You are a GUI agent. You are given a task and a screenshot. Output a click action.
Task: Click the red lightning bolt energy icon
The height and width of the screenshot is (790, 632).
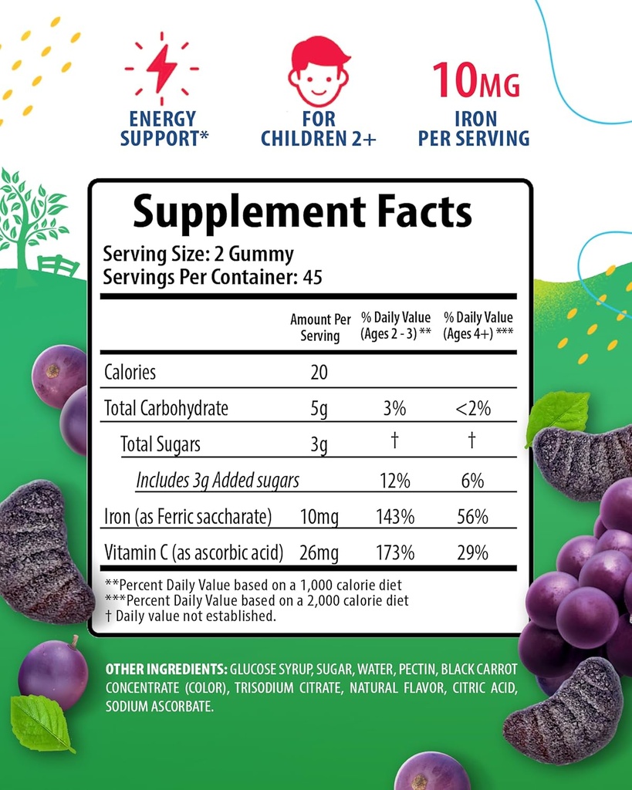coord(162,69)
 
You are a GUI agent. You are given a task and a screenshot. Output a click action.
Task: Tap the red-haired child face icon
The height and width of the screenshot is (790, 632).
coord(318,72)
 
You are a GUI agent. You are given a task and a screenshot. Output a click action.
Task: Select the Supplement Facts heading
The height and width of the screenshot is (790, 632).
coord(302,212)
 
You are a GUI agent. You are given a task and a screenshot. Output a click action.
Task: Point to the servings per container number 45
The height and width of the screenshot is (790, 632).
coord(312,277)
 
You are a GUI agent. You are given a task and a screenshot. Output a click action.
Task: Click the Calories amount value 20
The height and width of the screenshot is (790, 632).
coord(319,373)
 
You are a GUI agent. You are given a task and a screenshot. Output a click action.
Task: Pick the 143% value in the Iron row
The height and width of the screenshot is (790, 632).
coord(395,517)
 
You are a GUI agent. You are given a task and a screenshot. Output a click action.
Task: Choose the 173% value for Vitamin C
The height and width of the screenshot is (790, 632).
coord(395,553)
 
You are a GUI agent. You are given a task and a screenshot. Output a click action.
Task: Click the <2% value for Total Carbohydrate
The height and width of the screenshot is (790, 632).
coord(472,408)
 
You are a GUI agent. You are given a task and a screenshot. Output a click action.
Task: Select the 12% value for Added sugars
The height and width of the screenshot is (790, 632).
coord(394,481)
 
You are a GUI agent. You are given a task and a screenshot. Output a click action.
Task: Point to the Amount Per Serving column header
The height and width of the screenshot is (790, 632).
coord(320,327)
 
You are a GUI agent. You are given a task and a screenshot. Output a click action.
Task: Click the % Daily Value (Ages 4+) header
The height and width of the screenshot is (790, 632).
coord(478,326)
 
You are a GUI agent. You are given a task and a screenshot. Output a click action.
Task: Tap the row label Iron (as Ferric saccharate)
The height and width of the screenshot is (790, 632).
coord(188,517)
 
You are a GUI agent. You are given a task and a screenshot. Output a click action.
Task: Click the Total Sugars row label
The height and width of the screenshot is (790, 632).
coord(161,444)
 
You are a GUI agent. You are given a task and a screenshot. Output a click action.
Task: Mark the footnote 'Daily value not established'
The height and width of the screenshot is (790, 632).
coord(195,616)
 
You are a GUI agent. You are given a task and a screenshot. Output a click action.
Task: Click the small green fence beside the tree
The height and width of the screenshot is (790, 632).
coord(58,265)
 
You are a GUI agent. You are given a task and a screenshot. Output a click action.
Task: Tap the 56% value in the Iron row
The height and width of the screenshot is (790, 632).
coord(472,517)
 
